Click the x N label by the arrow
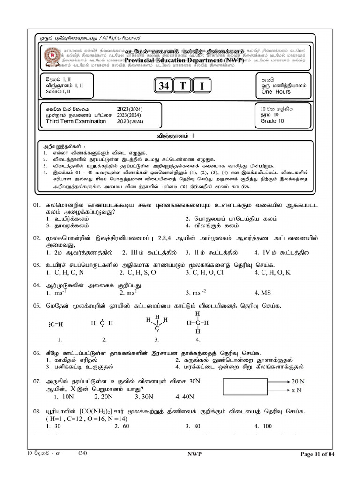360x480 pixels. (x=296, y=390)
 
